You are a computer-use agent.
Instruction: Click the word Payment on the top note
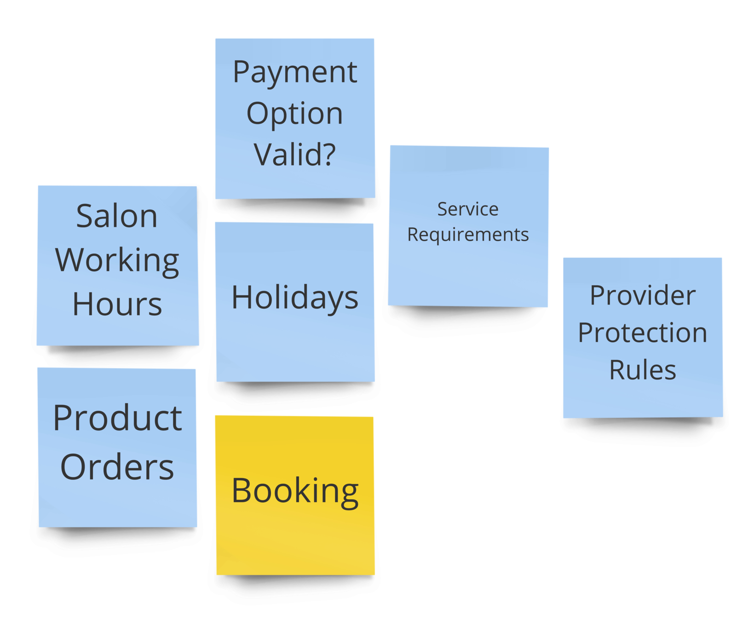(295, 73)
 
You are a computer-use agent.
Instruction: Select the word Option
(295, 114)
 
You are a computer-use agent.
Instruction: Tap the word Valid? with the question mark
(295, 155)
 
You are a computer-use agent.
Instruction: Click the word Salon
(117, 216)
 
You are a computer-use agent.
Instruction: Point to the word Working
(117, 261)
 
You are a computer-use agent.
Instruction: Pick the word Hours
(117, 305)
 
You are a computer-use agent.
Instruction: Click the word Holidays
(295, 298)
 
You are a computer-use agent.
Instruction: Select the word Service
(468, 209)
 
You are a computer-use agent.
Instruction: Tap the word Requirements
(468, 235)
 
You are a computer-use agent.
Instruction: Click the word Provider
(643, 295)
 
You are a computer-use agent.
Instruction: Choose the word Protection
(643, 333)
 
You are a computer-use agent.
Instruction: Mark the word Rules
(643, 370)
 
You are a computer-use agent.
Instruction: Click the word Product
(117, 418)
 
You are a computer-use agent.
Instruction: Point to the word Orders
(117, 467)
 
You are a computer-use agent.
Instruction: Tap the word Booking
(295, 491)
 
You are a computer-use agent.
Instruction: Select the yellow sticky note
(295, 543)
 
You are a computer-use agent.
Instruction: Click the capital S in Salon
(85, 216)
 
